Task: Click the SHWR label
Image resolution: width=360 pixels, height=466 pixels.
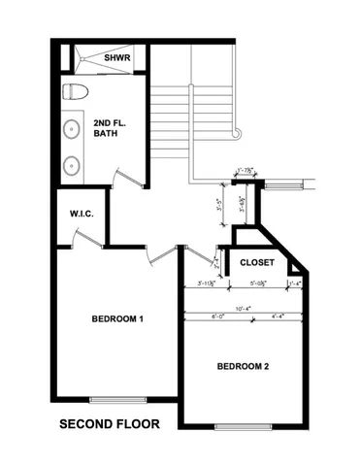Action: [x=118, y=56]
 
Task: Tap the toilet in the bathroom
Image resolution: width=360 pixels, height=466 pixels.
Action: [x=76, y=93]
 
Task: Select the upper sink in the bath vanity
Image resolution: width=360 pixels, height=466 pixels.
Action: [x=72, y=128]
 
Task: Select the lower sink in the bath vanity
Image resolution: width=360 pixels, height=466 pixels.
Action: [x=72, y=164]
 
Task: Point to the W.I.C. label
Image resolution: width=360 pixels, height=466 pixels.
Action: [x=82, y=213]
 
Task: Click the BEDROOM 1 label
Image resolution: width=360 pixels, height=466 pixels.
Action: [x=117, y=319]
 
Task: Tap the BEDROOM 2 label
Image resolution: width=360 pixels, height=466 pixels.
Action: [x=243, y=366]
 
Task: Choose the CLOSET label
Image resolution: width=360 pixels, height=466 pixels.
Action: [x=256, y=262]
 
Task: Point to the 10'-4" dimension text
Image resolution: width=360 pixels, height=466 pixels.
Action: [x=243, y=309]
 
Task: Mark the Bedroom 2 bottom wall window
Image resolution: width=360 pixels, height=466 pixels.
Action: [x=243, y=427]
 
